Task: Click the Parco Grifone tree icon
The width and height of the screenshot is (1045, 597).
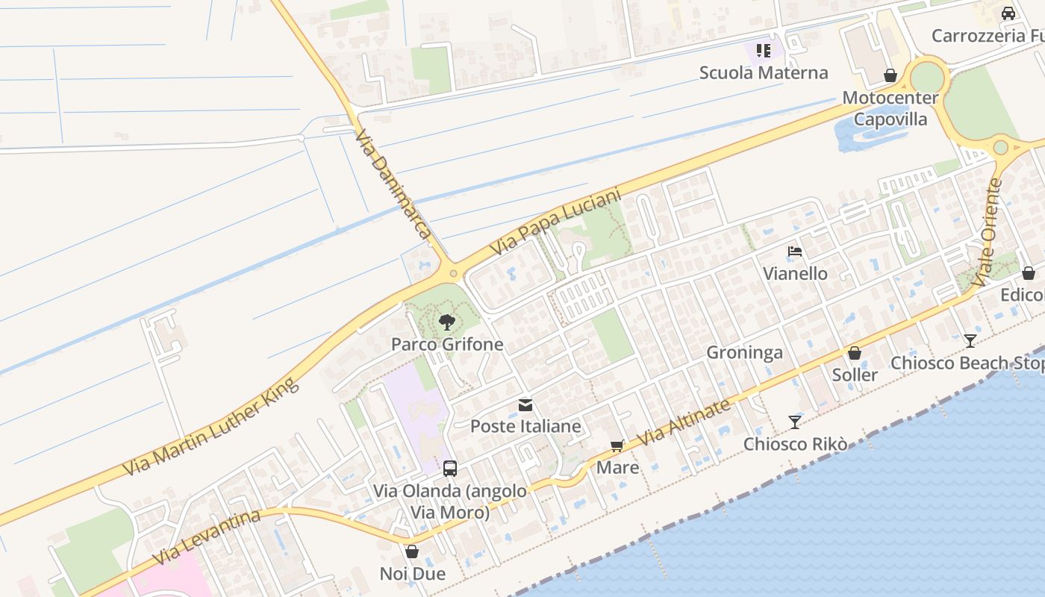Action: pos(447,322)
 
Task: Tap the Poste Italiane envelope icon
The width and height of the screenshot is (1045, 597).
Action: pos(525,405)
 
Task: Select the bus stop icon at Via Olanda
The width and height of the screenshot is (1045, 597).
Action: pos(450,469)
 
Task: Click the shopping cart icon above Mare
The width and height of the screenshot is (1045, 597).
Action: pos(617,446)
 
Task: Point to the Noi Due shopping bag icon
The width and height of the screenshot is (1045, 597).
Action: pos(412,552)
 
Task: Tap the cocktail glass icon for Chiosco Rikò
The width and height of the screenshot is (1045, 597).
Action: pos(795,422)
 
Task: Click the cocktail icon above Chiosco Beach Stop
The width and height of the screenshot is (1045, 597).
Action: pos(970,341)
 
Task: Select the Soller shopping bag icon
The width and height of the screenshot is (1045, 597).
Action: pos(855,353)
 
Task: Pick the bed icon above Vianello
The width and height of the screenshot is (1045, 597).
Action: pos(795,251)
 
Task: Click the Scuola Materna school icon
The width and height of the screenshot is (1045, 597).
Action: pos(763,51)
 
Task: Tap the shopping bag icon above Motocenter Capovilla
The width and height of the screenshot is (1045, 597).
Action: pos(890,76)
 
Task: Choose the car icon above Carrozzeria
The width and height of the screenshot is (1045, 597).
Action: pos(1008,13)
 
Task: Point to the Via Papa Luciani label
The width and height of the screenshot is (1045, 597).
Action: pos(555,222)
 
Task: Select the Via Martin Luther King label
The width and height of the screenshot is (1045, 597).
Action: pos(211,427)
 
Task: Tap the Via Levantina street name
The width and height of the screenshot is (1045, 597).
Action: pos(207,537)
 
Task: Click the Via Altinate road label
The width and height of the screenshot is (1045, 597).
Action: pos(684,423)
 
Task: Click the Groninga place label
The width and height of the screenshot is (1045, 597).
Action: pos(744,352)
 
